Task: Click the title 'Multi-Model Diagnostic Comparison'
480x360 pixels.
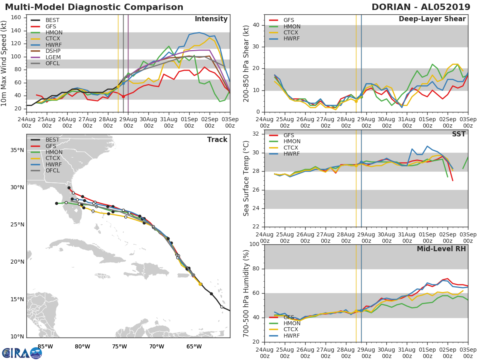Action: coord(94,7)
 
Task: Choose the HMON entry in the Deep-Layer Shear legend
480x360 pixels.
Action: coord(292,26)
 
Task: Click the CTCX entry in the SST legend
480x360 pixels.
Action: coord(292,148)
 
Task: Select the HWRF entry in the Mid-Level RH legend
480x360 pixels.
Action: coord(292,336)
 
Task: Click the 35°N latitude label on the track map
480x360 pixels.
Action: coord(17,150)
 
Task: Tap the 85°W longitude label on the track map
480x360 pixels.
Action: coord(45,346)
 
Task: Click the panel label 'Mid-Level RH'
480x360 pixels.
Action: coord(441,249)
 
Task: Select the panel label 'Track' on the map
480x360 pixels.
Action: coord(217,140)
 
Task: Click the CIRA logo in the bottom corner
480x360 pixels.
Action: coord(22,353)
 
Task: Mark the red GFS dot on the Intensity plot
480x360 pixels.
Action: coord(123,96)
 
